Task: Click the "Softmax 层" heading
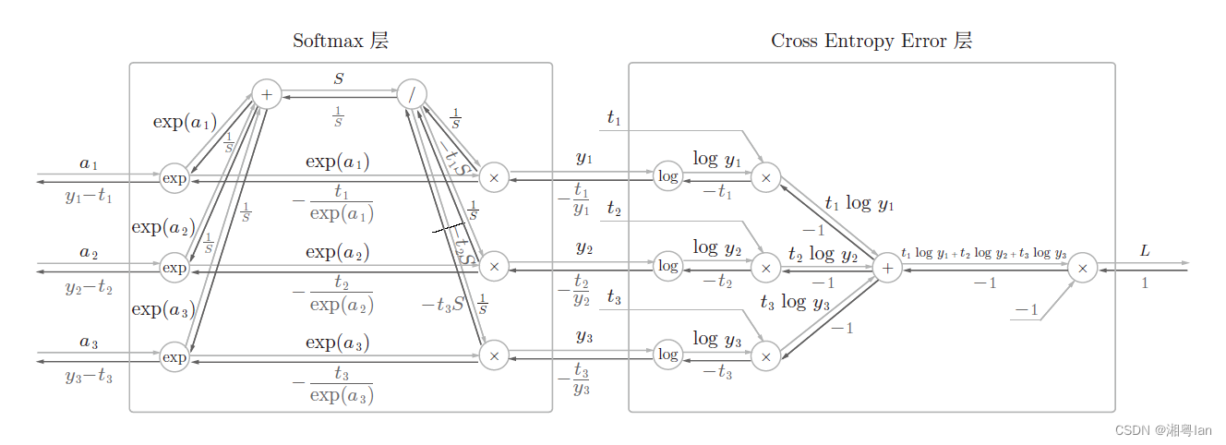point(341,41)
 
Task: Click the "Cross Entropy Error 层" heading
point(871,41)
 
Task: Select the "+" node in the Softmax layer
point(266,93)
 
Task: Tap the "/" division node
point(412,93)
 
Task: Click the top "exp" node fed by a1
point(174,177)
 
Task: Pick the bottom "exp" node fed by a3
point(174,356)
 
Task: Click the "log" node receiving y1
point(667,175)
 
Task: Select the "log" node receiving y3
point(667,355)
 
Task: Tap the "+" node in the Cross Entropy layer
point(887,268)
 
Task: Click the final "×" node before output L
point(1083,268)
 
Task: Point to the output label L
point(1145,251)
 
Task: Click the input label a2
point(89,252)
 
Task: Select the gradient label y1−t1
point(89,196)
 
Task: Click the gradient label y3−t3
point(89,376)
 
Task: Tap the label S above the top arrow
point(339,79)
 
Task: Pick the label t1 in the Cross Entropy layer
point(614,117)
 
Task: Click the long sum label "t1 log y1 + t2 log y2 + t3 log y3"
point(984,253)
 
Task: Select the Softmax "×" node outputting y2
point(494,267)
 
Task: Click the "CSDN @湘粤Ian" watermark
point(1163,430)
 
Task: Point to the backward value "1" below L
point(1145,283)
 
